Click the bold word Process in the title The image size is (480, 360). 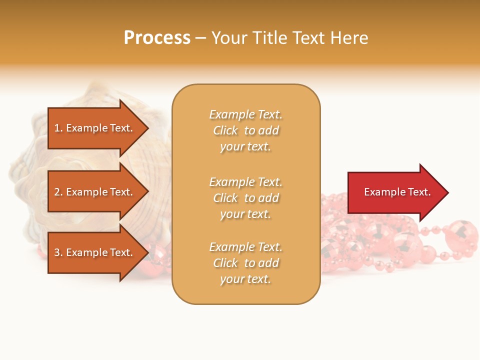[157, 38]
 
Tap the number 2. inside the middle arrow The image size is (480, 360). [58, 192]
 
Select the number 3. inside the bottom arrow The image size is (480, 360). [58, 252]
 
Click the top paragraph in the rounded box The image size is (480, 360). [245, 130]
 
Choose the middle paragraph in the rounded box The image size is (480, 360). [245, 198]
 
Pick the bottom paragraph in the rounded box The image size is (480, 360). [245, 263]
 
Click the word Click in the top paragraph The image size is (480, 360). [225, 130]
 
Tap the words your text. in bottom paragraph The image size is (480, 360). [245, 279]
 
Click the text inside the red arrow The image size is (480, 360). [397, 192]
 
